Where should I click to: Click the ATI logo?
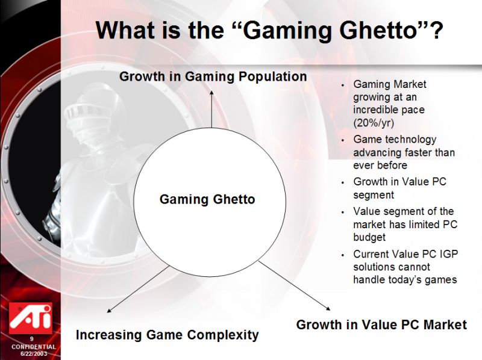[x=31, y=318]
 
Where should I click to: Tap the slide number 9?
[x=32, y=339]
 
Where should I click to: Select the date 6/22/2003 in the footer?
[x=34, y=353]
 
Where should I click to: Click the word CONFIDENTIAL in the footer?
[x=34, y=347]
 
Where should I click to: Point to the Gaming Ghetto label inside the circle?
[x=207, y=199]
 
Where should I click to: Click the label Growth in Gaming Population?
[x=213, y=76]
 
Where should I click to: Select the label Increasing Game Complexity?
[x=167, y=335]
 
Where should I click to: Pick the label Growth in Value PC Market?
[x=381, y=324]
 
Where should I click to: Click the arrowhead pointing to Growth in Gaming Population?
[x=211, y=93]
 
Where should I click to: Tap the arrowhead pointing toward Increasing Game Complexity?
[x=109, y=311]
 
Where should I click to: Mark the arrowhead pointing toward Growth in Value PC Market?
[x=328, y=308]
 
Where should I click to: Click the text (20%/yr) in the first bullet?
[x=374, y=123]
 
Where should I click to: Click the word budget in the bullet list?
[x=369, y=237]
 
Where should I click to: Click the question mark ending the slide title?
[x=436, y=29]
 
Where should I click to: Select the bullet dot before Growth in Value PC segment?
[x=343, y=182]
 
